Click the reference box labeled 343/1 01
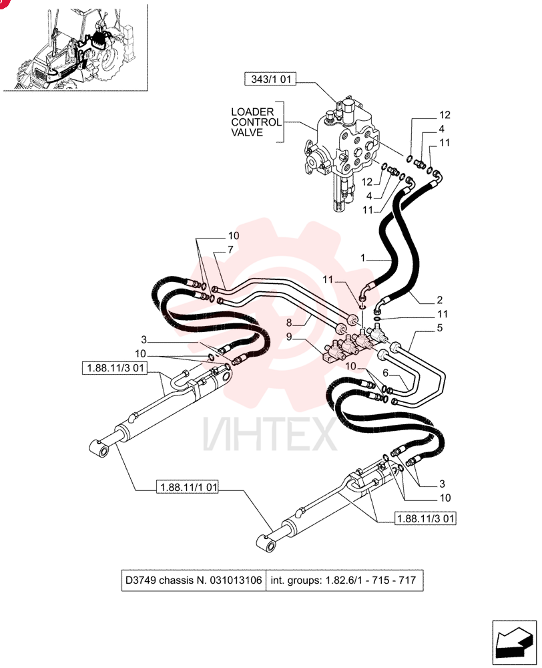pos(270,79)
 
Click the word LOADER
pos(252,112)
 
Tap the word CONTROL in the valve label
pos(256,122)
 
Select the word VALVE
pos(247,132)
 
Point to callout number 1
pos(362,258)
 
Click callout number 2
pos(440,300)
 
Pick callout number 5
pos(440,327)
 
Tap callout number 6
pos(386,373)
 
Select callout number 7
pos(230,250)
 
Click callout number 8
pos(290,323)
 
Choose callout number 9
pos(290,337)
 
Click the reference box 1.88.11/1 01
pos(188,487)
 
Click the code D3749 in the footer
pos(140,580)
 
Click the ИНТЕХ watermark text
pos(270,434)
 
